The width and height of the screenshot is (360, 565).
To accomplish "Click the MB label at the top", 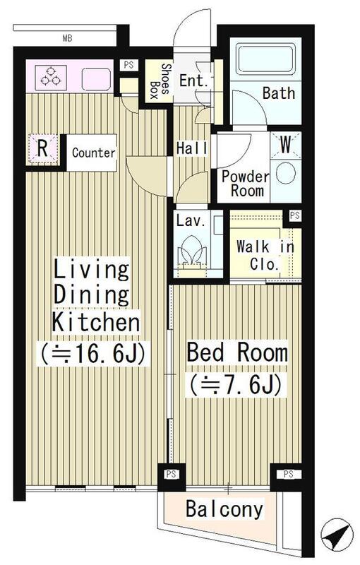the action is pyautogui.click(x=67, y=38).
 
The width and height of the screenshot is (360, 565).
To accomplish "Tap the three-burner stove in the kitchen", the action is pyautogui.click(x=51, y=78).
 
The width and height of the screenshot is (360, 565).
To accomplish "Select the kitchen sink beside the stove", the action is pyautogui.click(x=96, y=79).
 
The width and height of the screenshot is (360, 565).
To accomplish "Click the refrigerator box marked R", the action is pyautogui.click(x=42, y=148).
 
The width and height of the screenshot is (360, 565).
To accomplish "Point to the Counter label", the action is pyautogui.click(x=94, y=153).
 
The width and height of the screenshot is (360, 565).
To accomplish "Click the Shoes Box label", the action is pyautogui.click(x=160, y=81).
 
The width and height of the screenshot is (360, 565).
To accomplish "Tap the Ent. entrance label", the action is pyautogui.click(x=193, y=81).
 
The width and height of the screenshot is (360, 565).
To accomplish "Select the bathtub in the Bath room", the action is pyautogui.click(x=265, y=59).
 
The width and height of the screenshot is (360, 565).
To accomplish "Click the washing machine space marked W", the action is pyautogui.click(x=286, y=145).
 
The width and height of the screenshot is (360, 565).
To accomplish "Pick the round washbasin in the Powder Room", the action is pyautogui.click(x=286, y=174).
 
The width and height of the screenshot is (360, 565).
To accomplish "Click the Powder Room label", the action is pyautogui.click(x=246, y=184).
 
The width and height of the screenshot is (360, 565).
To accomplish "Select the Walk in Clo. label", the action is pyautogui.click(x=265, y=256).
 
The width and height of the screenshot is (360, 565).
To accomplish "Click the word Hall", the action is pyautogui.click(x=192, y=148).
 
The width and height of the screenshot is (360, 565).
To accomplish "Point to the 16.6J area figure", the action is pyautogui.click(x=93, y=354).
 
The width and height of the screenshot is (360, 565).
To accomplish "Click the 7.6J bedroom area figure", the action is pyautogui.click(x=236, y=384).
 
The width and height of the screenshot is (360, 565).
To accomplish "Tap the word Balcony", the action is pyautogui.click(x=224, y=509).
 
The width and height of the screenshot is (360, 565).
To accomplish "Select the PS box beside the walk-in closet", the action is pyautogui.click(x=294, y=215).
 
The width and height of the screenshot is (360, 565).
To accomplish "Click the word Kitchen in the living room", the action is pyautogui.click(x=96, y=322).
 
